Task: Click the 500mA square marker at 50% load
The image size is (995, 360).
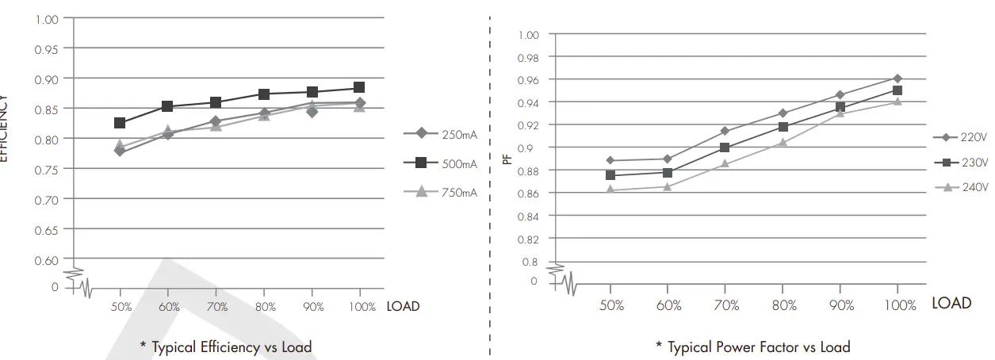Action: click(x=120, y=123)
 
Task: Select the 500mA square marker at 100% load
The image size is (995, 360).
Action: click(x=359, y=87)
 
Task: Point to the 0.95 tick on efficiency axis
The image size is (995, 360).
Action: click(x=46, y=49)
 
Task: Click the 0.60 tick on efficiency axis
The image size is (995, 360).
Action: click(x=46, y=259)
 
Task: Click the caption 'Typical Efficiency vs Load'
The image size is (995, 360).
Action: click(x=226, y=347)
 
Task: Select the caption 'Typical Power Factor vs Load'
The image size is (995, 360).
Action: click(x=753, y=347)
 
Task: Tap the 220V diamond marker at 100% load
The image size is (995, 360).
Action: click(x=897, y=79)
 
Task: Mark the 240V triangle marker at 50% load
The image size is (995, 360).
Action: click(x=610, y=190)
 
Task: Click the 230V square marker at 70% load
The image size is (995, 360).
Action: click(x=725, y=147)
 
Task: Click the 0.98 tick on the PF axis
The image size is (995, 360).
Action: click(x=528, y=58)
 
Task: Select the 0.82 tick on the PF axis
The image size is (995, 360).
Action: click(x=528, y=239)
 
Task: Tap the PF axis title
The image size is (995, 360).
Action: click(x=507, y=159)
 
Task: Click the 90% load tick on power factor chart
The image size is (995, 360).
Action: click(x=842, y=305)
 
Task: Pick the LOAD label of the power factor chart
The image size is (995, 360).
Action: click(x=951, y=303)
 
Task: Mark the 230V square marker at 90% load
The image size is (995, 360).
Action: click(x=840, y=108)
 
